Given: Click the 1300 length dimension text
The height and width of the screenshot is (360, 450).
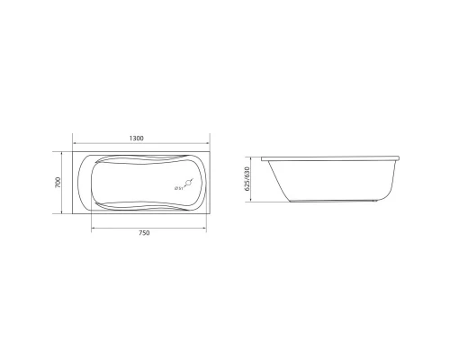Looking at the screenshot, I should tap(137, 139).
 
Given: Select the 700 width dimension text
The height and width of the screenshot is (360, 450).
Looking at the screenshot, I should tap(57, 184).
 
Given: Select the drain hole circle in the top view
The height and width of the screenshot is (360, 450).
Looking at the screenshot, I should tap(185, 184).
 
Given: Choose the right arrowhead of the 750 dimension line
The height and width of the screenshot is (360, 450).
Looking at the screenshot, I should tap(208, 226).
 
